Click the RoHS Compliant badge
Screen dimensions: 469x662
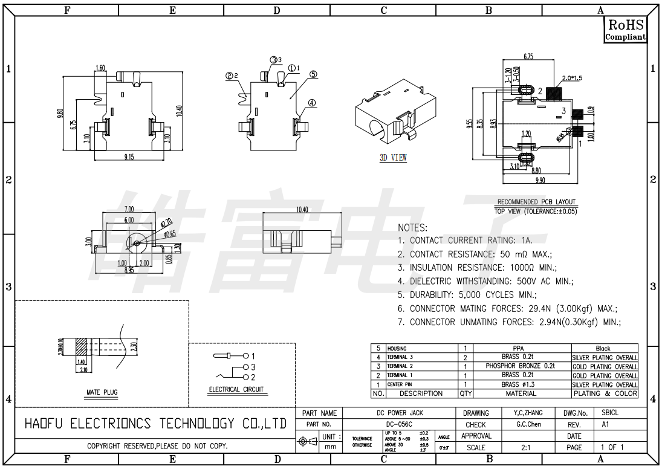(x=626, y=29)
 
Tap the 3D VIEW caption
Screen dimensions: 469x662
(x=393, y=158)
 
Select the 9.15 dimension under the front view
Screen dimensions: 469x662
(x=129, y=157)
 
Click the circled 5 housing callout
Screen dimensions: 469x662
(x=313, y=74)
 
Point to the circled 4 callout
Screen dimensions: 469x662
(x=311, y=103)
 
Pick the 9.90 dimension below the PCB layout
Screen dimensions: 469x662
(x=540, y=180)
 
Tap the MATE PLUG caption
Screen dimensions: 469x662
(x=102, y=392)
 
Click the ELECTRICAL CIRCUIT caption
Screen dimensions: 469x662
(x=236, y=389)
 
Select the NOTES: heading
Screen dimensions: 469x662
(x=412, y=228)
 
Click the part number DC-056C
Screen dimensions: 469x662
(x=399, y=424)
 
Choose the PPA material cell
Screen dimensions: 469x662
(x=519, y=348)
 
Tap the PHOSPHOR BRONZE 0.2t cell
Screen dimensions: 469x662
(x=520, y=366)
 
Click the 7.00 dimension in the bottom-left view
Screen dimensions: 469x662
(x=129, y=209)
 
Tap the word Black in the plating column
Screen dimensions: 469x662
(x=603, y=348)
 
